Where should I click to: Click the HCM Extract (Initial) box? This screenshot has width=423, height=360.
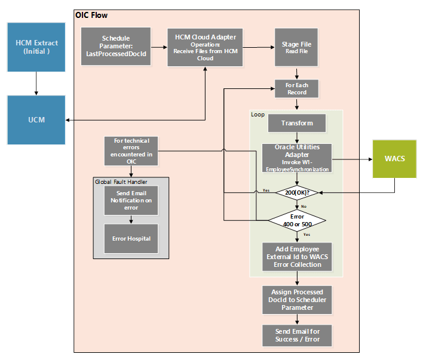36,47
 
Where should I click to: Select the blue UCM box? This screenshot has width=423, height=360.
36,119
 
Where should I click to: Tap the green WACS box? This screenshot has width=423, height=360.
394,159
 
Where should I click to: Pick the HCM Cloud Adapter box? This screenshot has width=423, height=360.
205,47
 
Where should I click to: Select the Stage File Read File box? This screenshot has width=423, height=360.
297,47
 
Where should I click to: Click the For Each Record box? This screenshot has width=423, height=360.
297,89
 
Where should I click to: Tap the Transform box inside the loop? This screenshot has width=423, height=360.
297,123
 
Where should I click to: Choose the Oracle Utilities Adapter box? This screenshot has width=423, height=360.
297,159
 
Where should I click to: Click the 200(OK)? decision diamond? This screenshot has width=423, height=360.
297,192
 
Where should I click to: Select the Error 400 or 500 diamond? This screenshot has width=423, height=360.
297,220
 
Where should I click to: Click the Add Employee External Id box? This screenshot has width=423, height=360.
297,257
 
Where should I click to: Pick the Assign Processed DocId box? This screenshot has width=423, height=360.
297,300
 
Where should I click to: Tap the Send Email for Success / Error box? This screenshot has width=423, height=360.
297,335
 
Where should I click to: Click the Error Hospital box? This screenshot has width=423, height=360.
131,238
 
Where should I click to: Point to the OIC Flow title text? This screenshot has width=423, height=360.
91,15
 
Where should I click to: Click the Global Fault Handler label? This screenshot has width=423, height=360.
121,181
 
